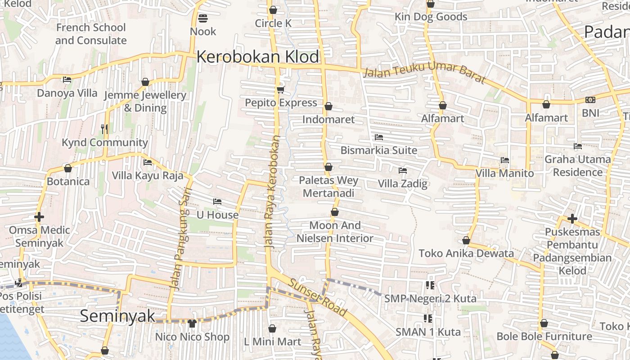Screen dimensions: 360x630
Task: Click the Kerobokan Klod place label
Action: (257, 57)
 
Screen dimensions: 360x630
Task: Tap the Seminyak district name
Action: (117, 315)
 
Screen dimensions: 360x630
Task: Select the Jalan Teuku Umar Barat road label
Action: (424, 74)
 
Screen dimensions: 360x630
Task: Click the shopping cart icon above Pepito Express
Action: (281, 90)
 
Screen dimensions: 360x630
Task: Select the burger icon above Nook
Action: (203, 18)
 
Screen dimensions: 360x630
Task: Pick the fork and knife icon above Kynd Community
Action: (104, 129)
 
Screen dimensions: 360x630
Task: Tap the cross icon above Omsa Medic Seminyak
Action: (39, 217)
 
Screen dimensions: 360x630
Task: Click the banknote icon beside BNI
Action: (590, 100)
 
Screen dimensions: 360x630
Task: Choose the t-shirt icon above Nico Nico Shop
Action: (192, 323)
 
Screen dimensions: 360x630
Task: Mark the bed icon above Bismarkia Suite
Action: (379, 137)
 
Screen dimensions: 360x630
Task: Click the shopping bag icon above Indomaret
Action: (328, 106)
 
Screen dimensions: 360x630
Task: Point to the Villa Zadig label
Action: (402, 184)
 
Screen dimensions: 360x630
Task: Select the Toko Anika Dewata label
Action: (466, 253)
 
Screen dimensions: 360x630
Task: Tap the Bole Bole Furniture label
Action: (544, 336)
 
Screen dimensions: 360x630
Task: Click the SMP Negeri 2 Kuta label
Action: (430, 298)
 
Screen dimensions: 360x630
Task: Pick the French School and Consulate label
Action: (91, 34)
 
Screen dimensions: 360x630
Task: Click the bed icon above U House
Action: (217, 201)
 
